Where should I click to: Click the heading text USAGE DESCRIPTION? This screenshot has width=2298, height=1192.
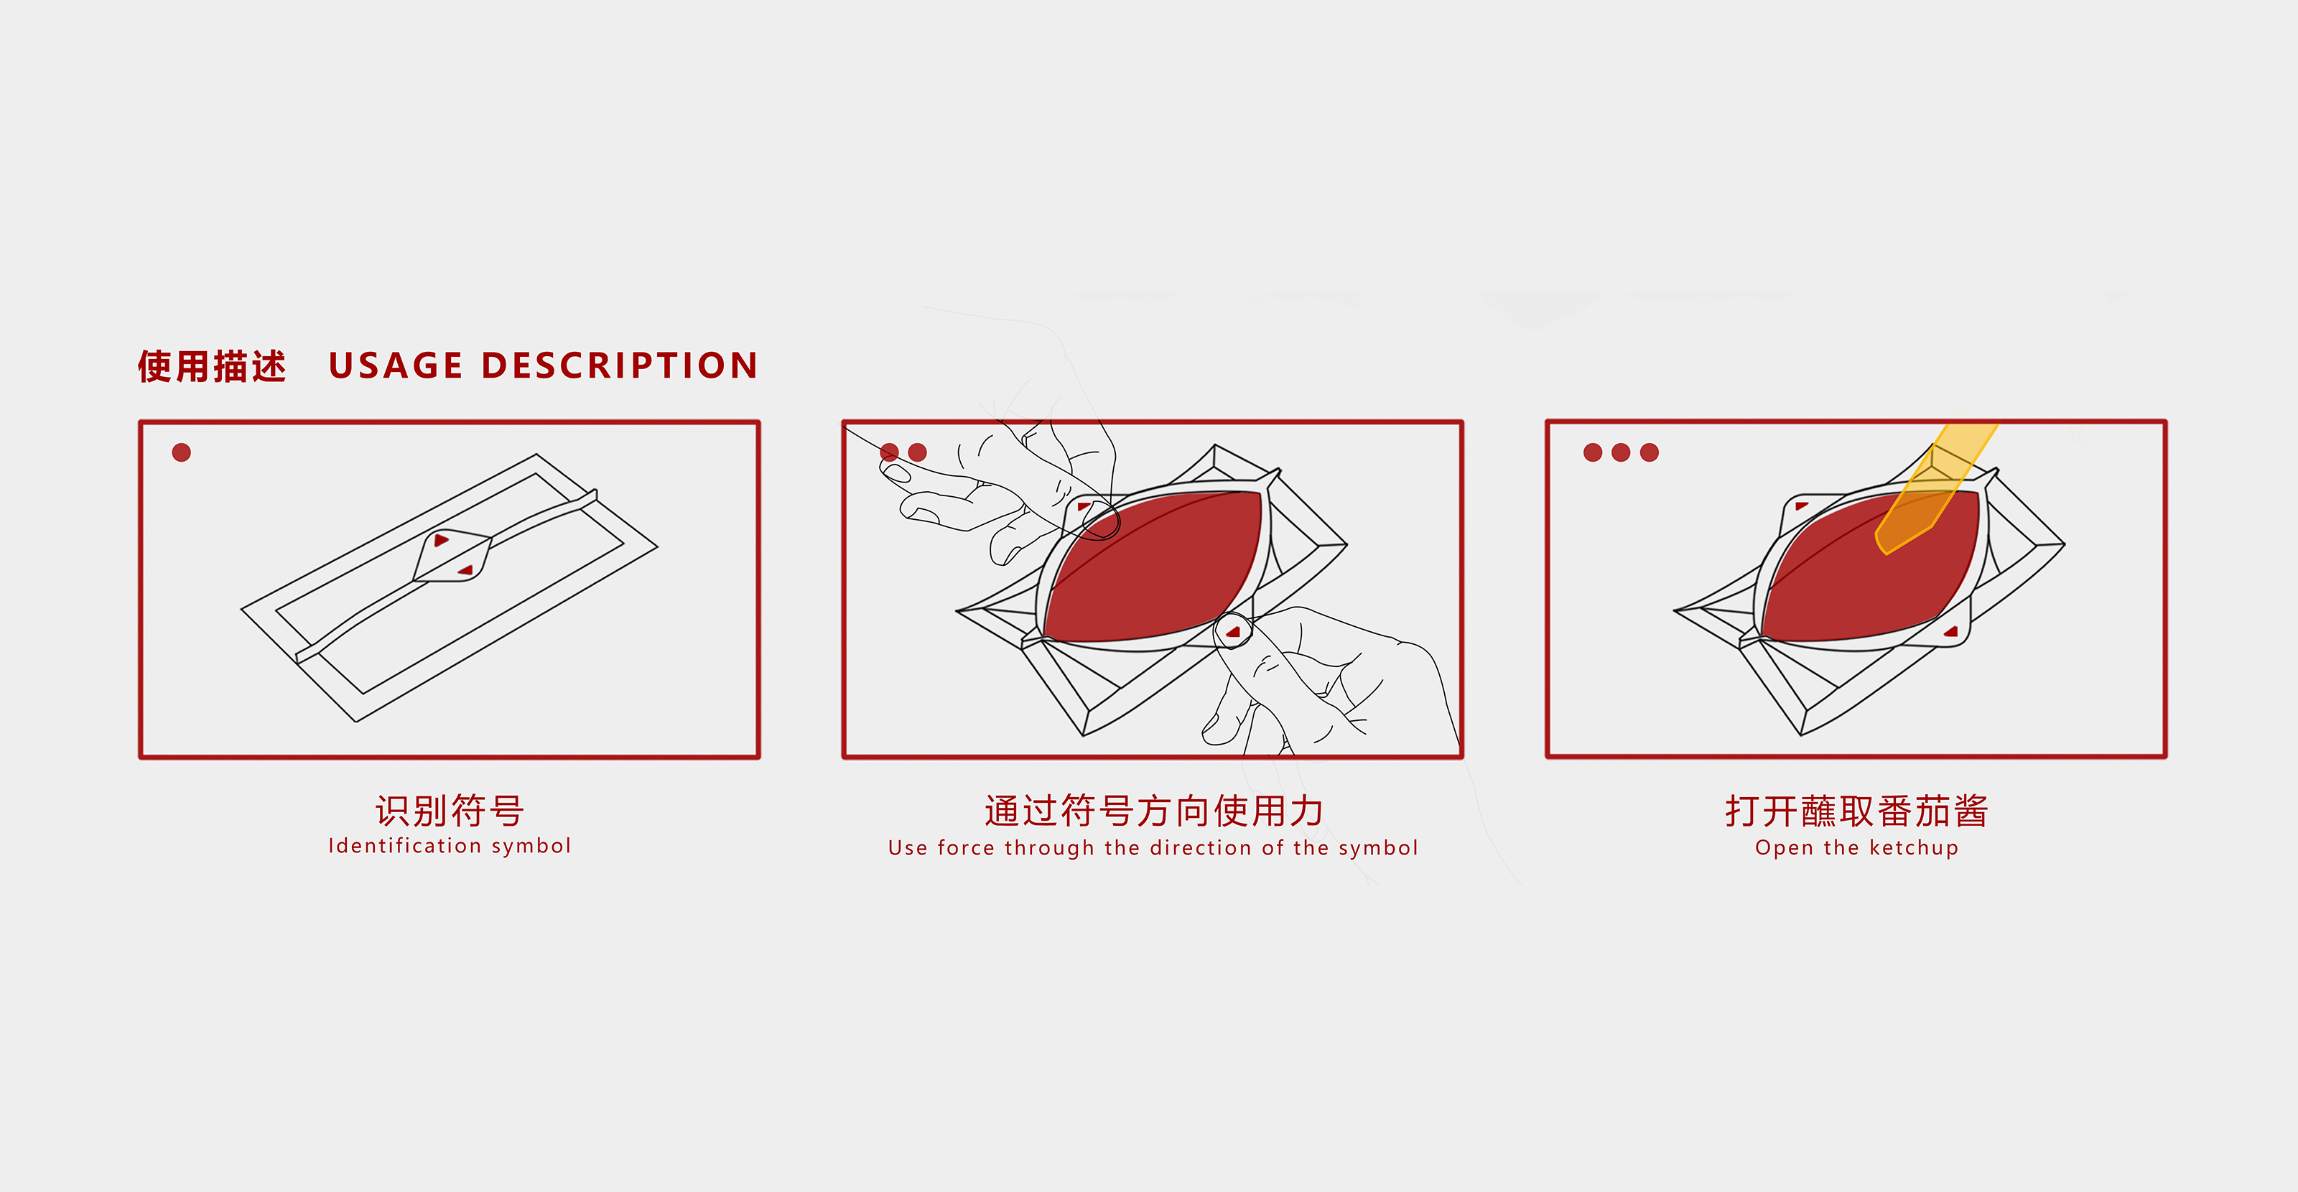point(544,365)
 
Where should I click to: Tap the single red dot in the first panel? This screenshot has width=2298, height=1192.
point(181,452)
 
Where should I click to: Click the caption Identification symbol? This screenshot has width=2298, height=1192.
point(450,846)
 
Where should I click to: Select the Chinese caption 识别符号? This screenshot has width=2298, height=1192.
point(450,810)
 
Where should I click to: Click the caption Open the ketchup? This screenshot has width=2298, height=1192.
point(1856,847)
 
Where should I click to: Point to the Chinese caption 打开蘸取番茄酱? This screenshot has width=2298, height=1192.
point(1856,810)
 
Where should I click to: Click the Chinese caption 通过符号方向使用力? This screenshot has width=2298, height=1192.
point(1153,810)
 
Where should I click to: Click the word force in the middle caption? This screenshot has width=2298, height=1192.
point(966,847)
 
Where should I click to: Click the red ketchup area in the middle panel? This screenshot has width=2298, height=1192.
point(1150,571)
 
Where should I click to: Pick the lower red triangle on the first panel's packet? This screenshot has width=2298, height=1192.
point(465,570)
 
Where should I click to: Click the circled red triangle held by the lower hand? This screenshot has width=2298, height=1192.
point(1234,632)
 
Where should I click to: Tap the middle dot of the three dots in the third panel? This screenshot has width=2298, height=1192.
point(1621,452)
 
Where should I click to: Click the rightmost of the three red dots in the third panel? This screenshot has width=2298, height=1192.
point(1650,452)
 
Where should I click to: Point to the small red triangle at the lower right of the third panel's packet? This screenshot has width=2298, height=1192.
point(1952,632)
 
